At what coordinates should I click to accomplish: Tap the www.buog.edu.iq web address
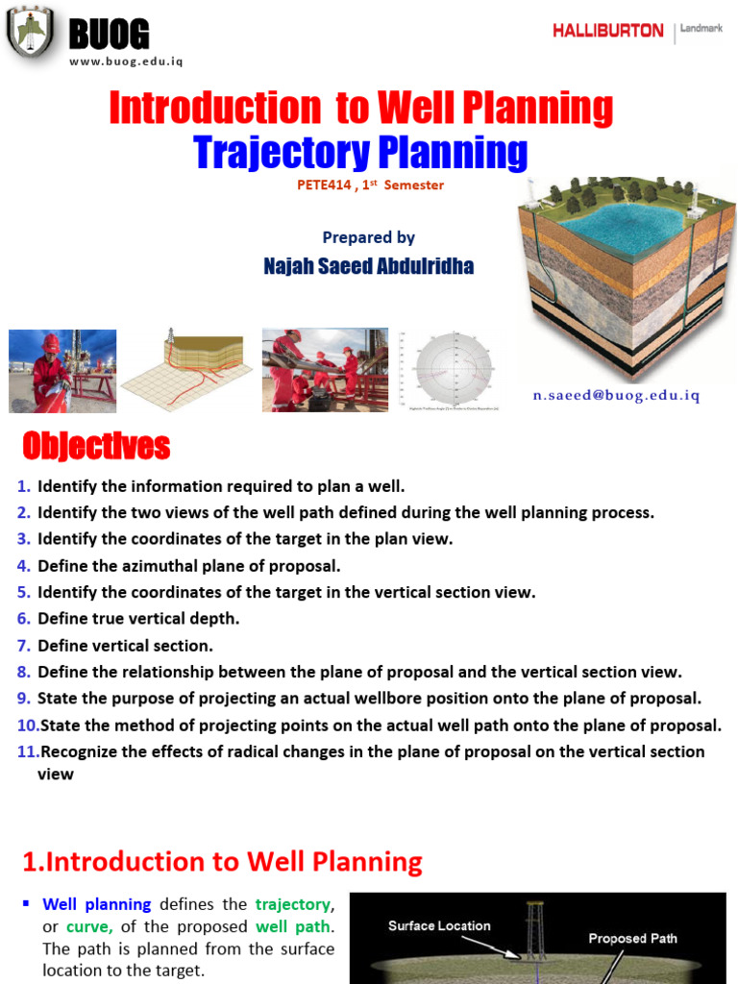tap(125, 61)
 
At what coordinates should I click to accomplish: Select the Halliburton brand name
tap(607, 31)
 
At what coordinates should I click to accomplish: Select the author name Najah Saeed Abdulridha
tap(368, 266)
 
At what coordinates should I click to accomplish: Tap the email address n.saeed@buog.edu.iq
tap(617, 395)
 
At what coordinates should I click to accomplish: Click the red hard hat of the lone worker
tap(51, 343)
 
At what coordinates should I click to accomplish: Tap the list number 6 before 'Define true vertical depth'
tap(24, 619)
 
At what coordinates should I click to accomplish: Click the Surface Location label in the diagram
tap(439, 926)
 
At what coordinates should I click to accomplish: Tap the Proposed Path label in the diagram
tap(632, 938)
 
